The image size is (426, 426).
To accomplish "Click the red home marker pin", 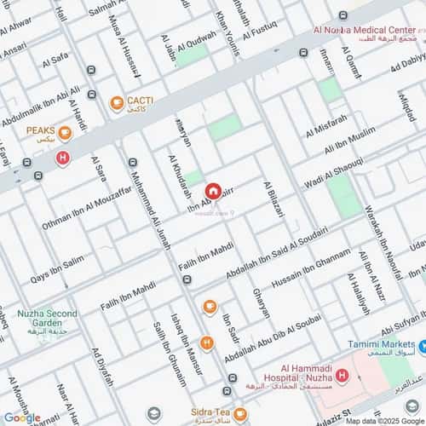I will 213,191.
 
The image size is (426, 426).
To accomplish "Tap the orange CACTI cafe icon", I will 117,103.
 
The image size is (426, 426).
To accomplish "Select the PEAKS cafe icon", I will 65,132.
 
